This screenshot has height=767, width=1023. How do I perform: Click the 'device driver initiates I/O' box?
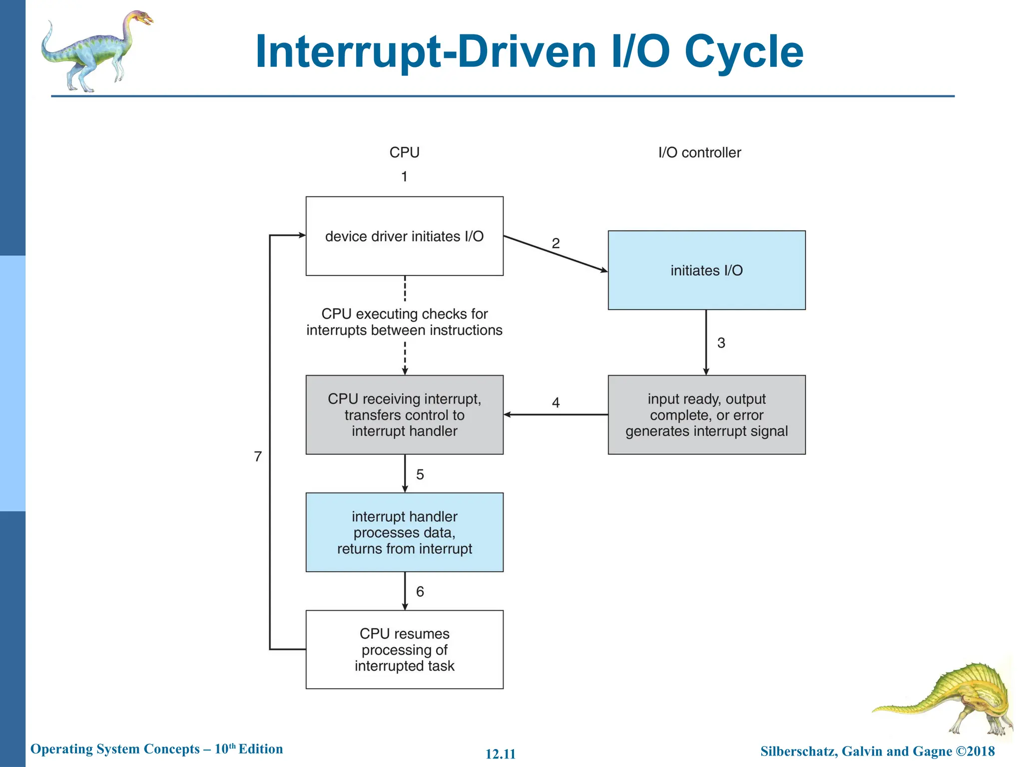pyautogui.click(x=404, y=236)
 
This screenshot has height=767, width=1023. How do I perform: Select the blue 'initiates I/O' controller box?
pyautogui.click(x=706, y=270)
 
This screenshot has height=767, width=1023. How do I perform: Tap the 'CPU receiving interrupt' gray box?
pyautogui.click(x=404, y=415)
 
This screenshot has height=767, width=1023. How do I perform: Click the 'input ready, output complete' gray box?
pyautogui.click(x=706, y=415)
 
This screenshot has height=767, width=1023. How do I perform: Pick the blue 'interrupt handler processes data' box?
pyautogui.click(x=404, y=532)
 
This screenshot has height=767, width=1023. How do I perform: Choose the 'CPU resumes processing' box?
pyautogui.click(x=404, y=650)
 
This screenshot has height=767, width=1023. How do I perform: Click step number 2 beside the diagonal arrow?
pyautogui.click(x=555, y=243)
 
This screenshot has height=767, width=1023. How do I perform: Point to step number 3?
pyautogui.click(x=721, y=343)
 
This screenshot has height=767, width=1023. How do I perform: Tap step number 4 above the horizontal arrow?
pyautogui.click(x=555, y=402)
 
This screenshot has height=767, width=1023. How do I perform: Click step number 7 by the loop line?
pyautogui.click(x=258, y=456)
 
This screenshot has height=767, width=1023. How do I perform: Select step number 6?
pyautogui.click(x=420, y=592)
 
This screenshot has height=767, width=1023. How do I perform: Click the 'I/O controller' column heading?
pyautogui.click(x=699, y=152)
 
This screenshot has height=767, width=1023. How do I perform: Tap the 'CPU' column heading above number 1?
pyautogui.click(x=404, y=152)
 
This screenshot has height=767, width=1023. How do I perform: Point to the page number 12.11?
pyautogui.click(x=501, y=754)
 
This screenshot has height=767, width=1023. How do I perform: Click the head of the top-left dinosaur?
pyautogui.click(x=142, y=19)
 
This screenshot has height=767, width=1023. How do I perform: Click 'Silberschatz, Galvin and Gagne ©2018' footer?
pyautogui.click(x=877, y=751)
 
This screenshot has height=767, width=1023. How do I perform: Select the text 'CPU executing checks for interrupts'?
pyautogui.click(x=404, y=322)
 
